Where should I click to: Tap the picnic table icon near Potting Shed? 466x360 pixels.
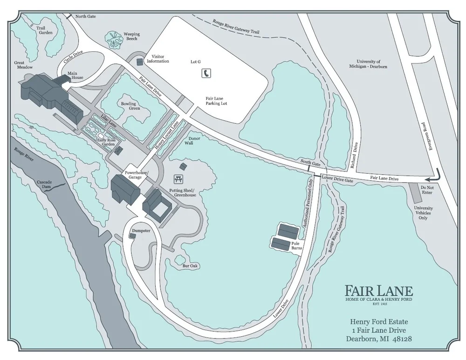pos(178,179)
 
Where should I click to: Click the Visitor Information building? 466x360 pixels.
pos(139,62)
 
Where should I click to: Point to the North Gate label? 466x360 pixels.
pos(85,16)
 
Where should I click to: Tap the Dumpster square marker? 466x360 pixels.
pos(133,236)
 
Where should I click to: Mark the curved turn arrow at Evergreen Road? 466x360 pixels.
pos(434,175)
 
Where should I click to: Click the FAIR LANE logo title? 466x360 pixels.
pos(378,290)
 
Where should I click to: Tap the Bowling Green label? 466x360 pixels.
pos(128,106)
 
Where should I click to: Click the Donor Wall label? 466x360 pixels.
pos(194,142)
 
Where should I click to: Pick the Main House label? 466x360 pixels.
pos(75,75)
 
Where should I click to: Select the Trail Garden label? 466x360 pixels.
pos(44,30)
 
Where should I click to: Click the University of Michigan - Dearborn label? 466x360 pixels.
pos(371,64)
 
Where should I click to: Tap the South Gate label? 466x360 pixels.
pos(311,162)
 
